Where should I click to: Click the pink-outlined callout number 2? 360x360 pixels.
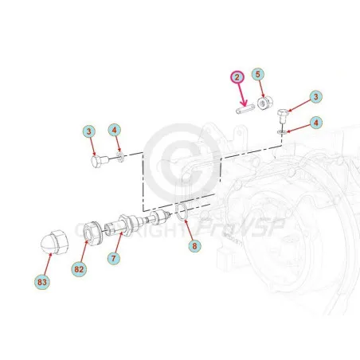click(x=237, y=77)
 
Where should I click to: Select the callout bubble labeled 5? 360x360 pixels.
click(x=258, y=75)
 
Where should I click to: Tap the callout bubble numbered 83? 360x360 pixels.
click(x=42, y=282)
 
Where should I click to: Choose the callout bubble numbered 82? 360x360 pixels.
click(x=79, y=269)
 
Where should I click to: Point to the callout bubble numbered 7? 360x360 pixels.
click(x=114, y=258)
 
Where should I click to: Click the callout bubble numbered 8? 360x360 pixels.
click(x=194, y=246)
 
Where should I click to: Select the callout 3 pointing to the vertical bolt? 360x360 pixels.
click(x=315, y=96)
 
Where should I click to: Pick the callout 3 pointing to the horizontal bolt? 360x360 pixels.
click(x=89, y=131)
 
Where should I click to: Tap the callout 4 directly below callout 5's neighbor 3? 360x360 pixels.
click(x=315, y=123)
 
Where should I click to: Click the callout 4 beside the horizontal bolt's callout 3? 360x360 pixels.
click(x=115, y=130)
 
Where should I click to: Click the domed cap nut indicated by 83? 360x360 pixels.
click(x=54, y=242)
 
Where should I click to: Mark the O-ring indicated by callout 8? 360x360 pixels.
click(x=182, y=211)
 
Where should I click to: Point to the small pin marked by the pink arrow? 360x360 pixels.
click(x=245, y=109)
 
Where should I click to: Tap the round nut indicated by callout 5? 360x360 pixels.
click(x=265, y=104)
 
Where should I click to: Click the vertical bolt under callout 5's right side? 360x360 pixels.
click(x=282, y=115)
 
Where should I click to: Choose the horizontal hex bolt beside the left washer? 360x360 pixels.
click(x=100, y=161)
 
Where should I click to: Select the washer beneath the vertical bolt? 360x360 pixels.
click(x=281, y=131)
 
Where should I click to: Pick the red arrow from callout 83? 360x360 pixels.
click(x=48, y=264)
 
